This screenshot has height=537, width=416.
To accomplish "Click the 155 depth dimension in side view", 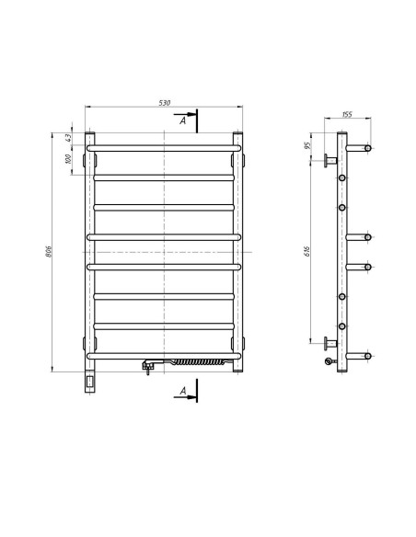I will [x=347, y=115].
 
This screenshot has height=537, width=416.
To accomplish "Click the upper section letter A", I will [x=184, y=120].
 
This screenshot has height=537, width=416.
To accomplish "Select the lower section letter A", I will [x=184, y=393].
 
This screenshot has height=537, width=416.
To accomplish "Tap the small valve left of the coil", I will [x=147, y=365].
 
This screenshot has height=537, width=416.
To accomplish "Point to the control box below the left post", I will [x=90, y=378].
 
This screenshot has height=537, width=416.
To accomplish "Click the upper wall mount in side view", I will [x=327, y=160].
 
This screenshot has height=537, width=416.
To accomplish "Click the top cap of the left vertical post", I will [x=90, y=137].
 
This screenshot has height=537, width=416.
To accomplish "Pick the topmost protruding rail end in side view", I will [x=367, y=148].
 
